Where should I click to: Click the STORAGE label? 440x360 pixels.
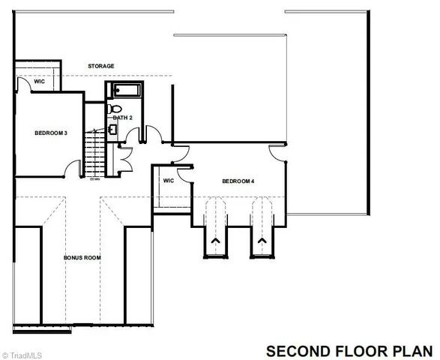click(100, 66)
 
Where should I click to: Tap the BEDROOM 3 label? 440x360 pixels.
click(51, 133)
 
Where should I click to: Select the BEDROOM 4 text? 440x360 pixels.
click(238, 181)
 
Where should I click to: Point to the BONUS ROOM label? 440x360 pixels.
click(82, 257)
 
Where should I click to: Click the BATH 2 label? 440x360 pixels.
click(122, 118)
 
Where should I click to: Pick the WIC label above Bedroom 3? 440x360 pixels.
click(28, 82)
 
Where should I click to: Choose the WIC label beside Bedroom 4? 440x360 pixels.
click(169, 181)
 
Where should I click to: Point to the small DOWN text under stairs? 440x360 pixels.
click(95, 179)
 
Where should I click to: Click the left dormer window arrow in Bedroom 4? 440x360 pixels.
click(216, 241)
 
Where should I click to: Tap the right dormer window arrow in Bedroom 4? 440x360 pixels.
click(262, 241)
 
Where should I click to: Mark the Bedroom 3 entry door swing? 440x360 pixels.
click(75, 168)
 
